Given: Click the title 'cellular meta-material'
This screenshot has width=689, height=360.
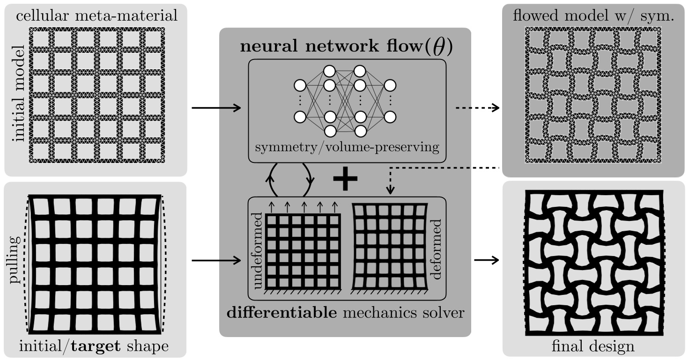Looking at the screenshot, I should [97, 15].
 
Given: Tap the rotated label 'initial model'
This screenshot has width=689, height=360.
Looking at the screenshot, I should [19, 94].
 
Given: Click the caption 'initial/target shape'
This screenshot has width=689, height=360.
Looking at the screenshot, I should [94, 347].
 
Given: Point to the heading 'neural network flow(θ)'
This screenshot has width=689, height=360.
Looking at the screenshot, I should [346, 48].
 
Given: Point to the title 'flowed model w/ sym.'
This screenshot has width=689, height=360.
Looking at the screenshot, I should [594, 15].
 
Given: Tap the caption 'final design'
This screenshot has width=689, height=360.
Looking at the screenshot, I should [593, 347].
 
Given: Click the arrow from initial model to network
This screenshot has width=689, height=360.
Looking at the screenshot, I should [216, 108].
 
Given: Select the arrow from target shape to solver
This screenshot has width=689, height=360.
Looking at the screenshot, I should [216, 258].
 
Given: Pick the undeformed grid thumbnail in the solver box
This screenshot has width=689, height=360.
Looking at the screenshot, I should [302, 251].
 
